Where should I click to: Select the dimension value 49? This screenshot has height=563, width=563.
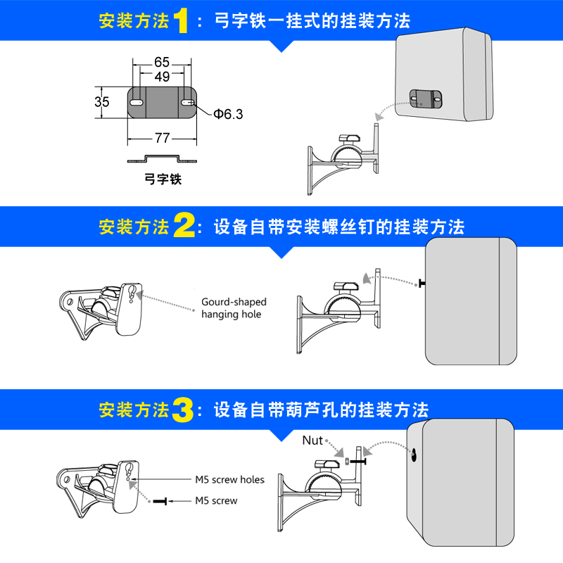tap(161, 77)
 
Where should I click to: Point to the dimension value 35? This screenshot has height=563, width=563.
tap(102, 102)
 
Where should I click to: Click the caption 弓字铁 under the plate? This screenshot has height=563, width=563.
tap(163, 179)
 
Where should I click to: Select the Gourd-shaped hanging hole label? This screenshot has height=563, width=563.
tap(234, 308)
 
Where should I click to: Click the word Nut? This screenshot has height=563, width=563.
tap(312, 441)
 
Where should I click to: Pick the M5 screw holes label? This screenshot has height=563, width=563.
tap(229, 480)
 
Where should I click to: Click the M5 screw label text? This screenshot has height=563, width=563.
tap(216, 501)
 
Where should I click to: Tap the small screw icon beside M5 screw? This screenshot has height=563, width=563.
tap(160, 501)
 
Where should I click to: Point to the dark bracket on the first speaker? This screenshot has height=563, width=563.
tap(424, 99)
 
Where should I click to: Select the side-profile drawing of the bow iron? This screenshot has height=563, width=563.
tap(161, 158)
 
